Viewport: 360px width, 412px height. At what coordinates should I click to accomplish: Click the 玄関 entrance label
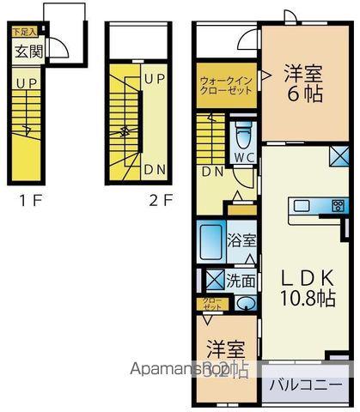point(25,51)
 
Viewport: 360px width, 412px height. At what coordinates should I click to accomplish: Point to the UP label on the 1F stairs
point(25,85)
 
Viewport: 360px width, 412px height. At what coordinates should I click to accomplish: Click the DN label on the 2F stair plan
point(155,169)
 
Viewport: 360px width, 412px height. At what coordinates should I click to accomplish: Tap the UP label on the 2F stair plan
point(155,78)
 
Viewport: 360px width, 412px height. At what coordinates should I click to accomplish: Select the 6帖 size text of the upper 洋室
point(305,94)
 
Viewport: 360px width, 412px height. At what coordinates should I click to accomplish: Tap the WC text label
point(242,158)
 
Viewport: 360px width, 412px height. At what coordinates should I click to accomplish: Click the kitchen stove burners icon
point(338,205)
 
